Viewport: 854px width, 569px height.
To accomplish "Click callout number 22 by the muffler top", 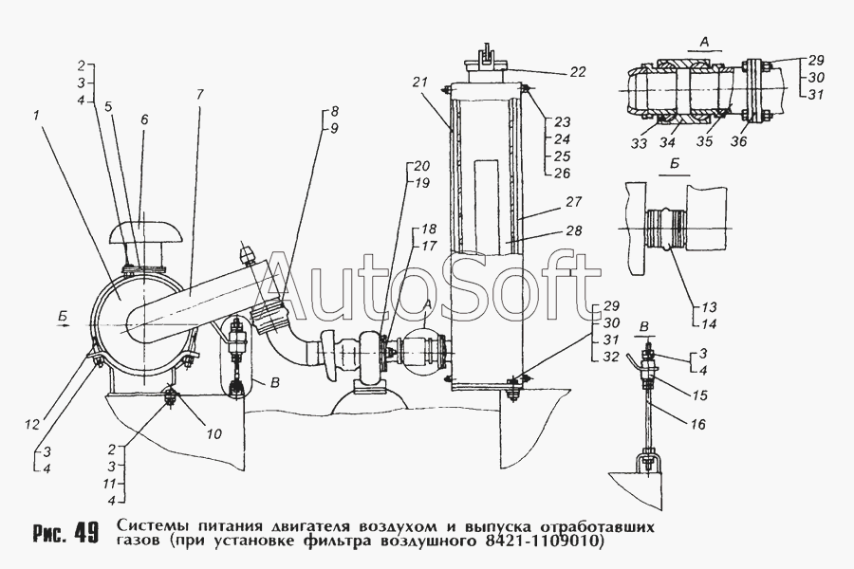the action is pos(578,71).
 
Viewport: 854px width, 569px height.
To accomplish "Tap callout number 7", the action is pos(199,95).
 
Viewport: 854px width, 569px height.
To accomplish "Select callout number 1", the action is pos(34,117).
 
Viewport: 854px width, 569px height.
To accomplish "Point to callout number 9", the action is pos(334,127).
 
